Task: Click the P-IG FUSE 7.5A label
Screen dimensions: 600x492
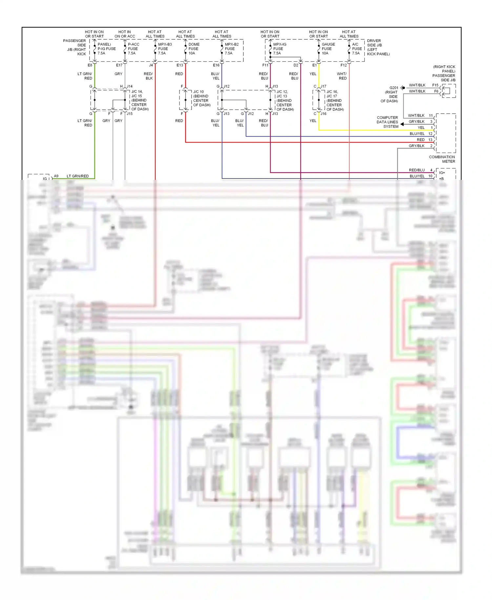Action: coord(106,49)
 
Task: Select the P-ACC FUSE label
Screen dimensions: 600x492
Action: coord(133,49)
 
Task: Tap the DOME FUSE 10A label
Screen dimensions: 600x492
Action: coord(194,49)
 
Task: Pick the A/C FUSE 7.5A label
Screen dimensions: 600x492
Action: coord(357,49)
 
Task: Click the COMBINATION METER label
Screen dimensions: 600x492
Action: coord(442,159)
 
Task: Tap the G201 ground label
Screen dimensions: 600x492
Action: coord(394,88)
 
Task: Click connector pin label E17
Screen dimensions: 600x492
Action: coord(119,65)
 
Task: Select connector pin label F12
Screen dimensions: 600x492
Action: coord(343,65)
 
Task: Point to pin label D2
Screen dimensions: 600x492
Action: coord(296,65)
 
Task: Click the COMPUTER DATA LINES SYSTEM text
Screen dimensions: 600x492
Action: coord(387,122)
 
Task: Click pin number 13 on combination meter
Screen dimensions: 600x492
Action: coord(430,140)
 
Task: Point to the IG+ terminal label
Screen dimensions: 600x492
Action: coord(442,173)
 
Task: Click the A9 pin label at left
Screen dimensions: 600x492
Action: coord(56,176)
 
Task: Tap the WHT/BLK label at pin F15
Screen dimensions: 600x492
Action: coord(417,85)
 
